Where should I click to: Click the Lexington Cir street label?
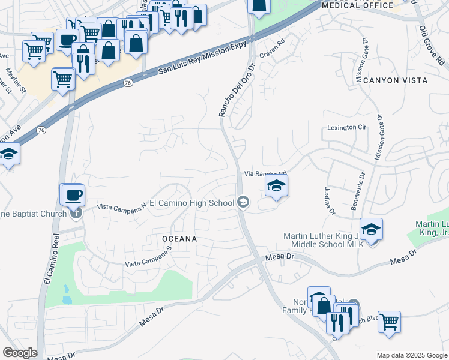coord(346,127)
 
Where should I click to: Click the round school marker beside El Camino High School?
coord(243,202)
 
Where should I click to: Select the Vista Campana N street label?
coord(122,206)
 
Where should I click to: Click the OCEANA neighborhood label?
coord(180,239)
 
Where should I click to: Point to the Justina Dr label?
coord(330,200)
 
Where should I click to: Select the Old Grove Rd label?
coord(432,45)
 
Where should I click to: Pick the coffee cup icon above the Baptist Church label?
coord(73,194)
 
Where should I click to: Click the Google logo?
coord(20,353)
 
